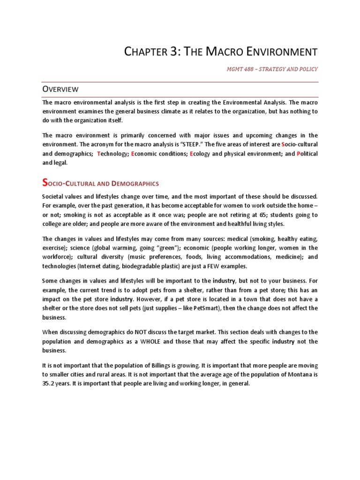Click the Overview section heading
[x=60, y=89]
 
